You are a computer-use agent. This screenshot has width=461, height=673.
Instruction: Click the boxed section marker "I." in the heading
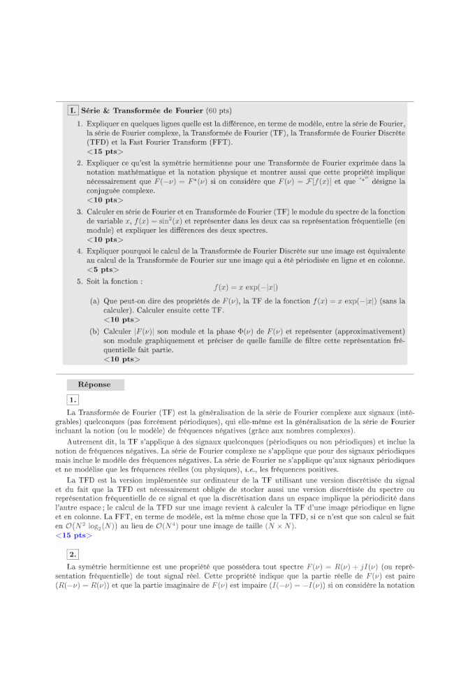[x=72, y=110]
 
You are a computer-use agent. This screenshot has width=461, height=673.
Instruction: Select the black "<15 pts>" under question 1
[x=105, y=151]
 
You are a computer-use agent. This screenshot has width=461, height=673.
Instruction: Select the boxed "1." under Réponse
[x=73, y=400]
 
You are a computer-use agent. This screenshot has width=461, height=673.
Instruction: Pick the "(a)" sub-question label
[x=94, y=301]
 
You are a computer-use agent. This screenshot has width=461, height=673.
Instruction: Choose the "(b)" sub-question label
[x=94, y=331]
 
